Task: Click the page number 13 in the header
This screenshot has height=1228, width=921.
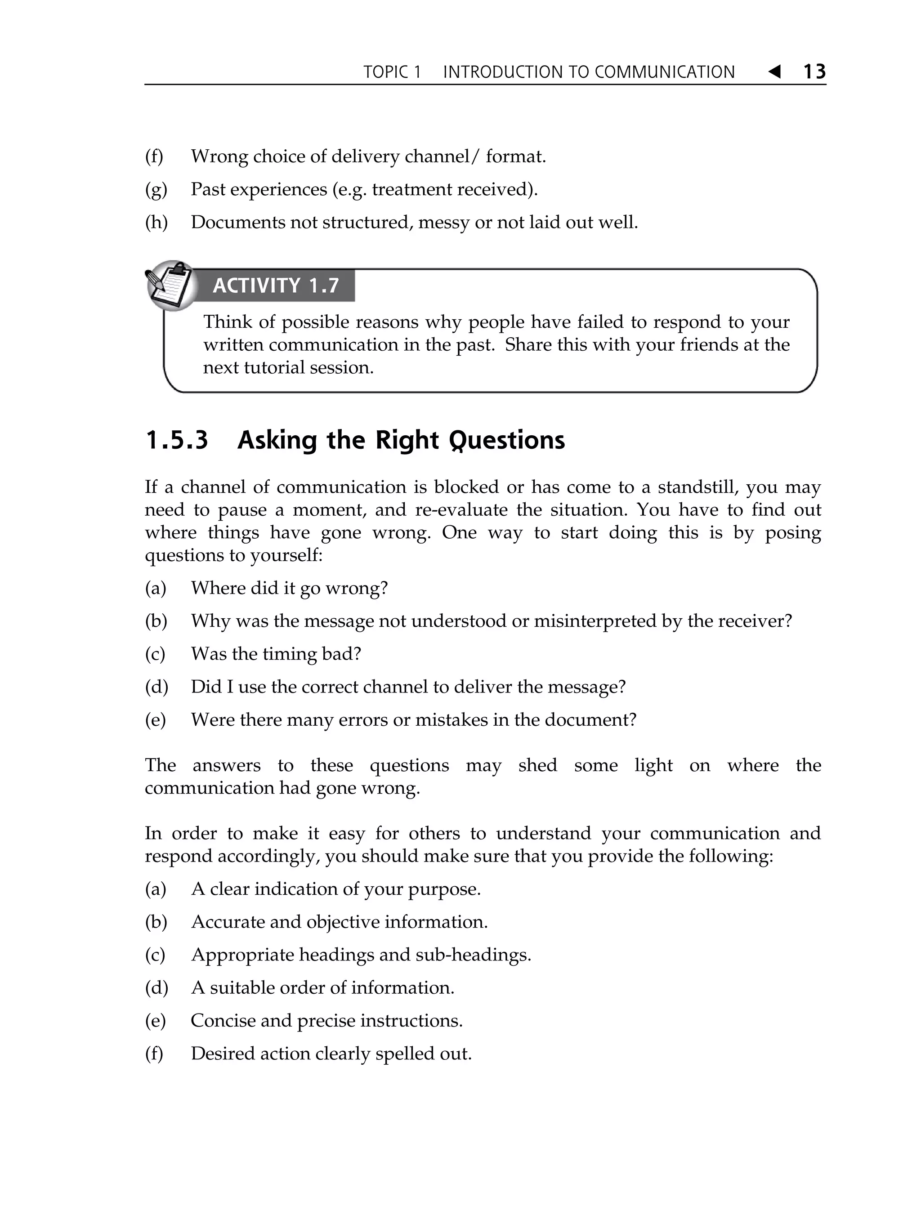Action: click(x=814, y=71)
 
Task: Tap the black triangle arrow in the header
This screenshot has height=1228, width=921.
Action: click(x=774, y=71)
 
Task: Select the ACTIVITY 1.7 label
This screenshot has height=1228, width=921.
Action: click(x=275, y=286)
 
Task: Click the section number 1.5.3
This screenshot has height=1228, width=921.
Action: click(x=177, y=440)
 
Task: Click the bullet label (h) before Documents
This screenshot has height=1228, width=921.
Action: click(x=156, y=223)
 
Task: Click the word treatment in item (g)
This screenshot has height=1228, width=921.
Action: click(x=411, y=190)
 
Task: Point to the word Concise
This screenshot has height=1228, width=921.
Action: click(x=222, y=1020)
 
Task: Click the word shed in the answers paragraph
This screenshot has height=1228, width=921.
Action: click(x=537, y=766)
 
